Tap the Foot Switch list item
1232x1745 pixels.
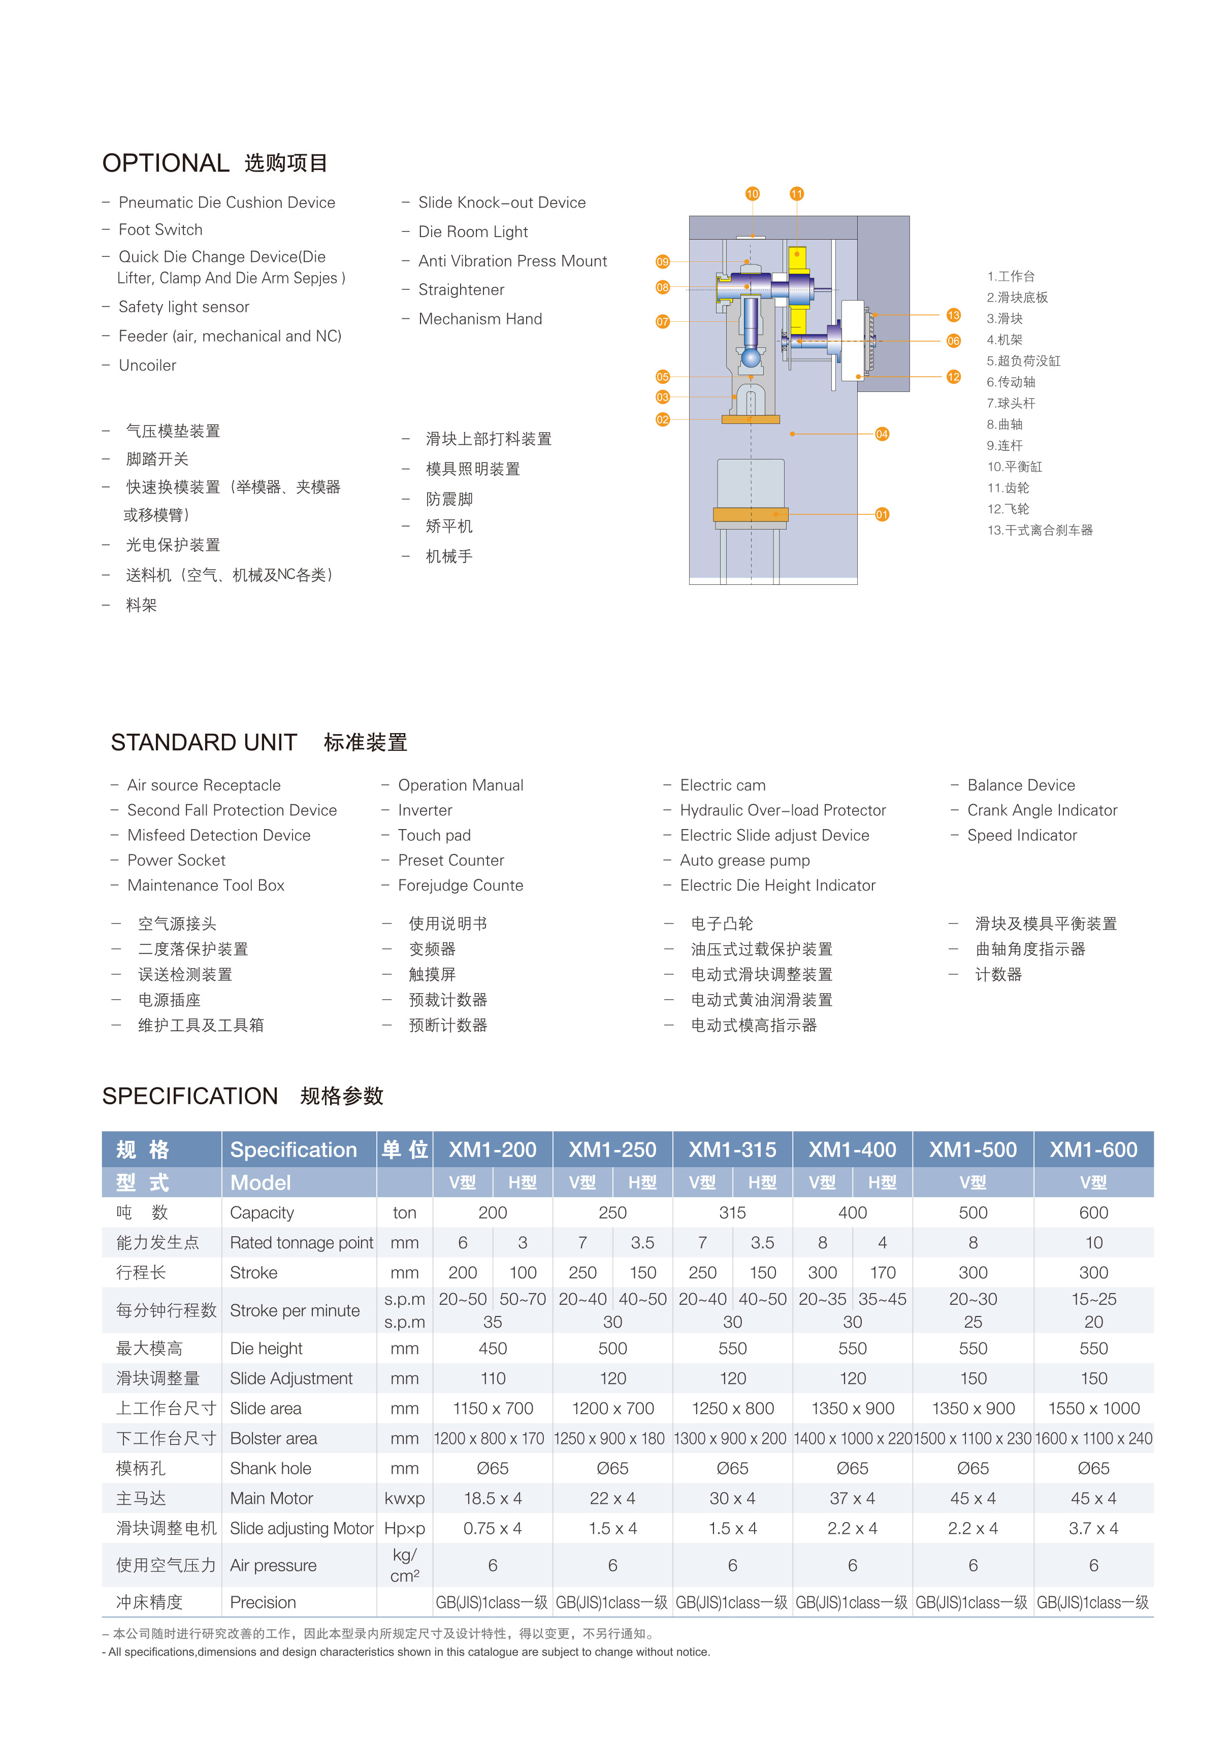[160, 229]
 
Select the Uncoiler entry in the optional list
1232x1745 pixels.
[147, 366]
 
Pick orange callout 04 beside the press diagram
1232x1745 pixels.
[882, 434]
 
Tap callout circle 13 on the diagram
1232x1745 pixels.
[953, 315]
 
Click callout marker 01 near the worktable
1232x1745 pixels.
[882, 514]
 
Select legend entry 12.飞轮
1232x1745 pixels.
[1008, 509]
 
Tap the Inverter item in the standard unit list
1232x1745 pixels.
[425, 810]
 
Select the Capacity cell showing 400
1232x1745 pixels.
[852, 1213]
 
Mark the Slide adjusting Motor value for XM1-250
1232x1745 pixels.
[612, 1528]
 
